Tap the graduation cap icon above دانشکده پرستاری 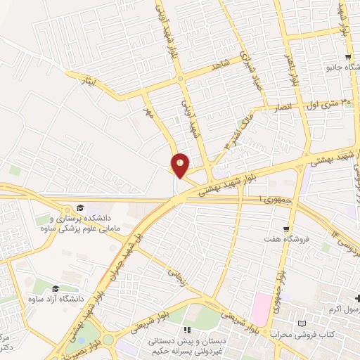[x=80, y=207]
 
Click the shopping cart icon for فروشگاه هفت [x=285, y=229]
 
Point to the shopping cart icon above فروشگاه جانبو [x=347, y=57]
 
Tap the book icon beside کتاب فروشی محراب [x=302, y=323]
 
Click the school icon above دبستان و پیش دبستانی [x=186, y=329]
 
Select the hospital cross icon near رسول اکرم [x=356, y=298]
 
